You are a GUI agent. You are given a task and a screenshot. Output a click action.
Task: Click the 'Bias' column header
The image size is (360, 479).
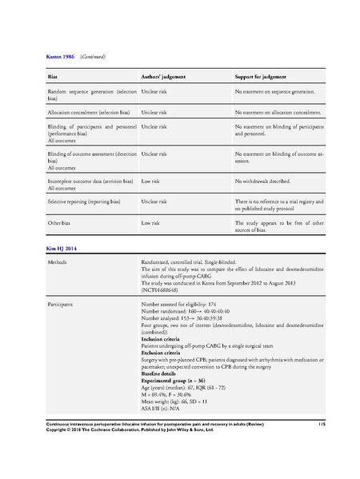[x=53, y=77]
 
